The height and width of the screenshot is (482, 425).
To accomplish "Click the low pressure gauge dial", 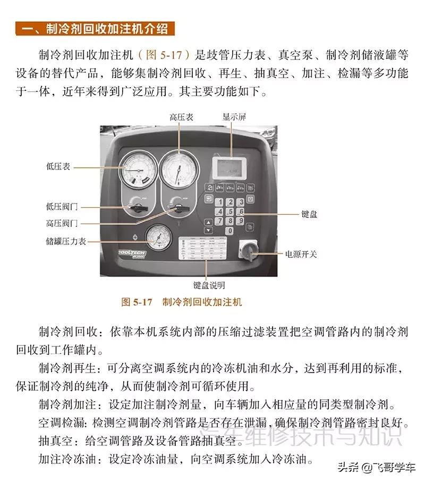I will (x=138, y=170).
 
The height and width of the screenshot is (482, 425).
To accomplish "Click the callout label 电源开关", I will (x=301, y=254).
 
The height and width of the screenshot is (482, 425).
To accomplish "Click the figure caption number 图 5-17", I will (x=137, y=302).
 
